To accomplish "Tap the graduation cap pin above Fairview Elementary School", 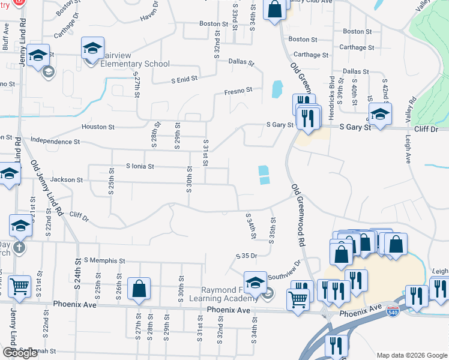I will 92,48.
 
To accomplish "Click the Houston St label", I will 98,127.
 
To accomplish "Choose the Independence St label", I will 55,142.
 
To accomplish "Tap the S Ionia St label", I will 140,166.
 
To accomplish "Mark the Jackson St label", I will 67,179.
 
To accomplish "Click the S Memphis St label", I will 104,261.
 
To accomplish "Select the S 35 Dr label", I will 246,256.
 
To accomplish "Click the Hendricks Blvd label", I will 331,90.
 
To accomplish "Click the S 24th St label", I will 78,271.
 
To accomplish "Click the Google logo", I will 20,352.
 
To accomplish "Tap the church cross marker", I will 19,247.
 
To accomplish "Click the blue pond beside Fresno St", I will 276,89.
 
